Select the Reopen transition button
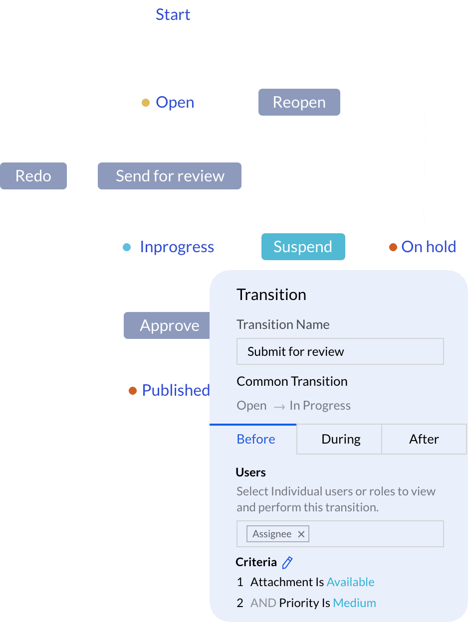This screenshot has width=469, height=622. (x=299, y=102)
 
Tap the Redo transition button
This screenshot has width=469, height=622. (x=33, y=176)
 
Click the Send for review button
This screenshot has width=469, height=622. (x=170, y=176)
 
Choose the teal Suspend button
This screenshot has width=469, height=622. (x=303, y=247)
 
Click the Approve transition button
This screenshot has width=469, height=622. (x=167, y=325)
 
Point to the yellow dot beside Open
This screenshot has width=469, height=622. (x=146, y=103)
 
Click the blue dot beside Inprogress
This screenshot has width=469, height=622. (x=126, y=247)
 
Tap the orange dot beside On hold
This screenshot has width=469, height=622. (x=393, y=247)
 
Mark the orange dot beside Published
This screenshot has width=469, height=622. (x=133, y=390)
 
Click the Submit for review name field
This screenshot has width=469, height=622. (x=340, y=351)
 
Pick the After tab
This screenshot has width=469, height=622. (x=424, y=439)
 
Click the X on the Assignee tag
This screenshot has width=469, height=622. (x=301, y=534)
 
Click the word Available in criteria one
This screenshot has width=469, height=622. (x=350, y=582)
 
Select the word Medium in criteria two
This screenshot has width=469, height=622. (x=354, y=603)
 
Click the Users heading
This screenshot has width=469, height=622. (x=250, y=472)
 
